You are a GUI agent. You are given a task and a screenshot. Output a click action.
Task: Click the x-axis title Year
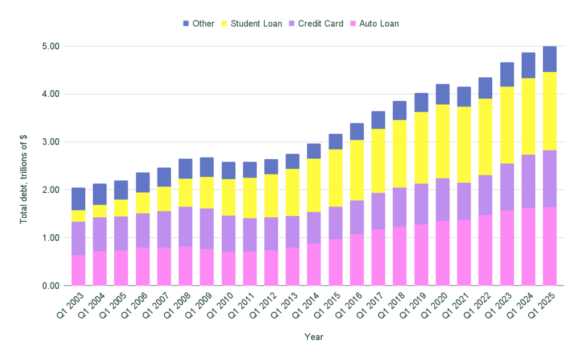(x=313, y=337)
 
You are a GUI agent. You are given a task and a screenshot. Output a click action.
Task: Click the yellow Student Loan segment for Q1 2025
(x=550, y=111)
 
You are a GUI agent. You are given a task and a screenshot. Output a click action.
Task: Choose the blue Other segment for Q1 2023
(x=507, y=75)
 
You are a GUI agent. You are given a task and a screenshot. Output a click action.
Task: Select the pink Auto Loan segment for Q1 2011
(x=250, y=268)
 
